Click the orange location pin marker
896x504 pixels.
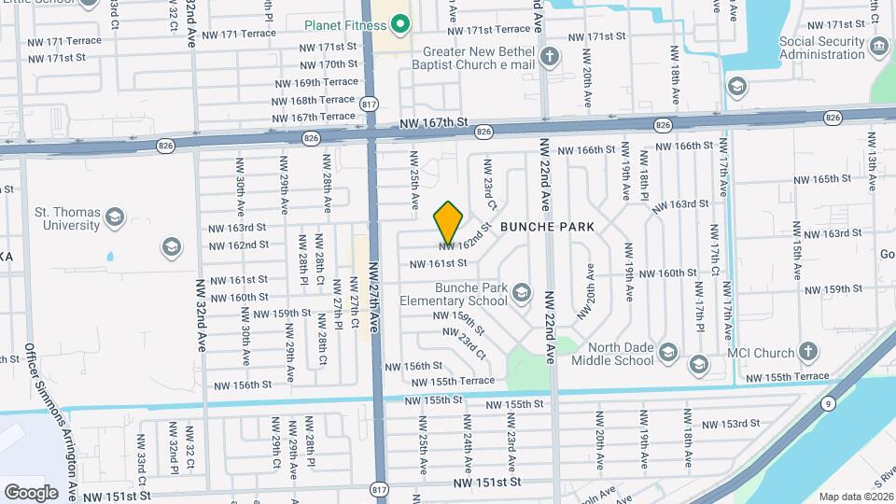pos(449,222)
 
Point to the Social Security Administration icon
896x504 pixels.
pos(878,48)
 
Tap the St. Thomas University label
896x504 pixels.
pos(67,218)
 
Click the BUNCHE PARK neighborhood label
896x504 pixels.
pos(546,227)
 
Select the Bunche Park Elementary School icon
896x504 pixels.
pos(521,294)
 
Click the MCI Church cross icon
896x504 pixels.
pos(808,353)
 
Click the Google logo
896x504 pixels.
pos(31,492)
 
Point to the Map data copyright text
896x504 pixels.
pos(855,497)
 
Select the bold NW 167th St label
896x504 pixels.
pos(431,122)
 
